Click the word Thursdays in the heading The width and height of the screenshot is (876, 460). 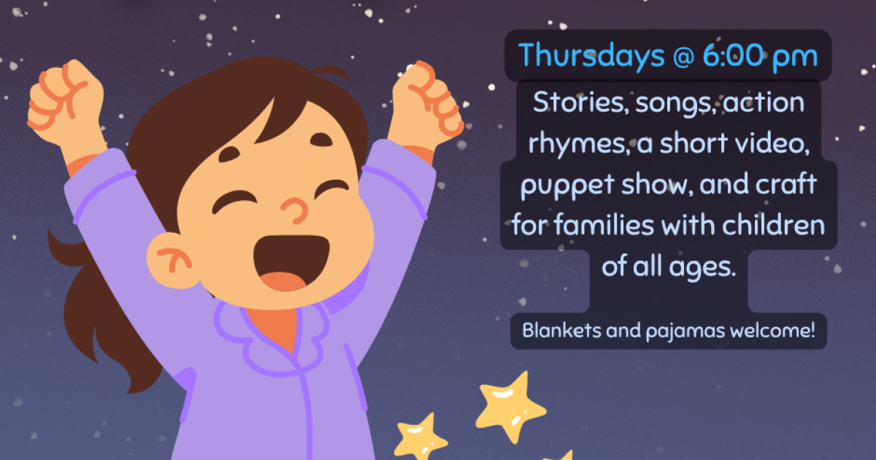[591, 56]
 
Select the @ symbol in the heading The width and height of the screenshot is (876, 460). [683, 57]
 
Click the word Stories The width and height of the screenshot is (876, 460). [581, 102]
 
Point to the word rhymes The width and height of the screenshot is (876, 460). [579, 145]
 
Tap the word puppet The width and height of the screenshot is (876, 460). [567, 185]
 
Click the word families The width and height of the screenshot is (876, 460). [604, 225]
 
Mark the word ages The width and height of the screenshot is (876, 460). [702, 267]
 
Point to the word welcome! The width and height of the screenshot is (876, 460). [772, 330]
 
